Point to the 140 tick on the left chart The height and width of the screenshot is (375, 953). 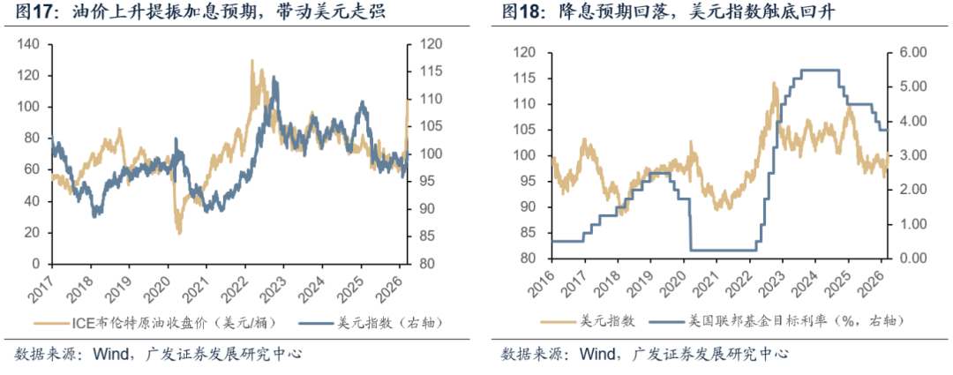coord(30,44)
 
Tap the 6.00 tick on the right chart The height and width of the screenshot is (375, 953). coord(910,53)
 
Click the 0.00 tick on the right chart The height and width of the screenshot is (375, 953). coord(910,259)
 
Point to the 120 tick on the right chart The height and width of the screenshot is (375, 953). coord(524,53)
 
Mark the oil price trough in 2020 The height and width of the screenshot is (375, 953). coord(179,232)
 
